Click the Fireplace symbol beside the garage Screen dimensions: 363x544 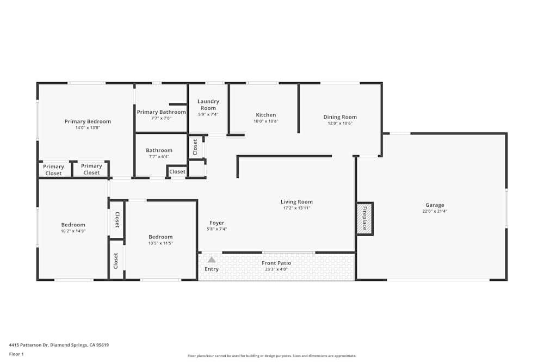364,219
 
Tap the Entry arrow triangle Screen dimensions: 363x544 212,260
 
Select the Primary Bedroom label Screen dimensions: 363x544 88,121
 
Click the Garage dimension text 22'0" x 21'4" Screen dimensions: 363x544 435,211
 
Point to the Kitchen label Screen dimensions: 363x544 266,115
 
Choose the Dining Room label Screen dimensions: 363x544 340,117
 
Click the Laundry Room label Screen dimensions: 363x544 208,104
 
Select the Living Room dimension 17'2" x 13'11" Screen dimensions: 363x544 296,208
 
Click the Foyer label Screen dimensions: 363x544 217,223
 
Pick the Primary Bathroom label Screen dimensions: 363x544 161,112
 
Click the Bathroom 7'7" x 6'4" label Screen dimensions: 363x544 159,150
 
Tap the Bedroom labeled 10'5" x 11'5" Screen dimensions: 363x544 160,237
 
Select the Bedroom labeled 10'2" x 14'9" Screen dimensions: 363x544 73,225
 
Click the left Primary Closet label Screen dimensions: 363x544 53,170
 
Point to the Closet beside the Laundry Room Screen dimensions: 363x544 195,147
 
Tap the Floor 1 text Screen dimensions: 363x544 16,354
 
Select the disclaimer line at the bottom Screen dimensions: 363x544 272,356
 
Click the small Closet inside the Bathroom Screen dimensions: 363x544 177,171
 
